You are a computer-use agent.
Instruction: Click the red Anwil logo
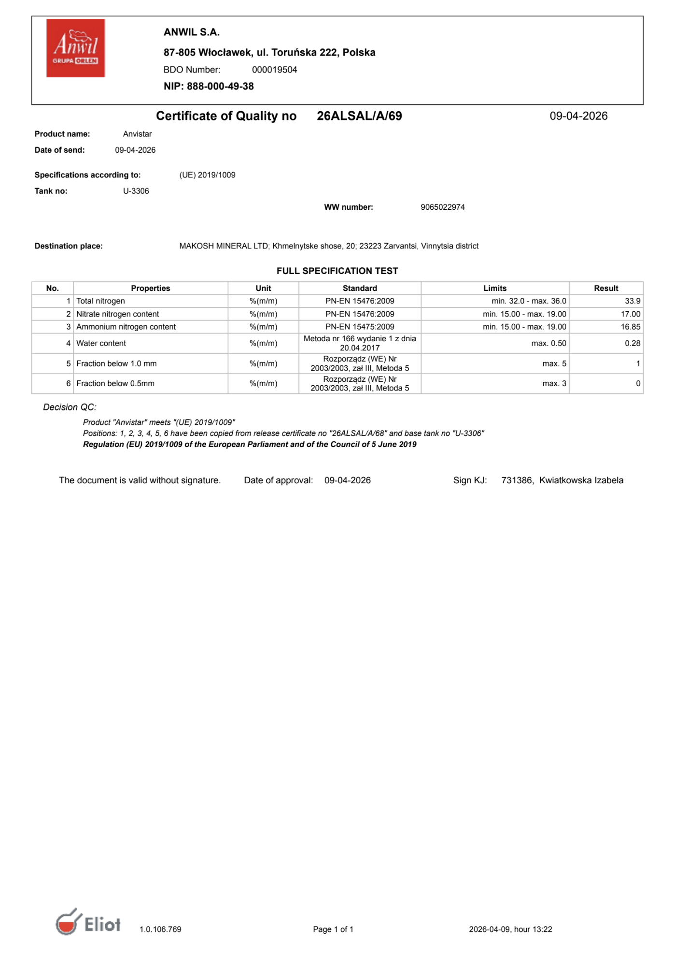(x=75, y=48)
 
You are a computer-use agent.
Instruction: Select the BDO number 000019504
(x=274, y=70)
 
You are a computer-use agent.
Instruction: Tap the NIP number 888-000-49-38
(x=220, y=87)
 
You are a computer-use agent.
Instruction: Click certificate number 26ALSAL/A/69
(x=359, y=116)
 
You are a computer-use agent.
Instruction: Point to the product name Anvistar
(x=137, y=134)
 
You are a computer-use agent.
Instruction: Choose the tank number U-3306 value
(x=136, y=191)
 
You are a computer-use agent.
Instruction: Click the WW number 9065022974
(x=442, y=207)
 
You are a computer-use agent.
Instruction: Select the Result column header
(x=606, y=288)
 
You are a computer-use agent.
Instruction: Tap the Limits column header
(x=495, y=288)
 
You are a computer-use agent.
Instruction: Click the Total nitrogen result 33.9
(x=632, y=301)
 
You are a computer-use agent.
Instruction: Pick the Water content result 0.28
(x=632, y=343)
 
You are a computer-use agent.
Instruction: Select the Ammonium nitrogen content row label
(x=126, y=327)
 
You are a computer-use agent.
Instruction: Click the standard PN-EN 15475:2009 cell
(x=360, y=327)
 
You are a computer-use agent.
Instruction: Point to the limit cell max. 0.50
(x=548, y=343)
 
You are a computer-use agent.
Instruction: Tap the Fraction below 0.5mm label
(x=115, y=383)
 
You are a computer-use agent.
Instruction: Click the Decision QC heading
(x=70, y=407)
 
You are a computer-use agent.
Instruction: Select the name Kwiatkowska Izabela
(x=581, y=480)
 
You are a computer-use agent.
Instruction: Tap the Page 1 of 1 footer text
(x=333, y=929)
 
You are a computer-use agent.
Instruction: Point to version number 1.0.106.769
(x=160, y=929)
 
